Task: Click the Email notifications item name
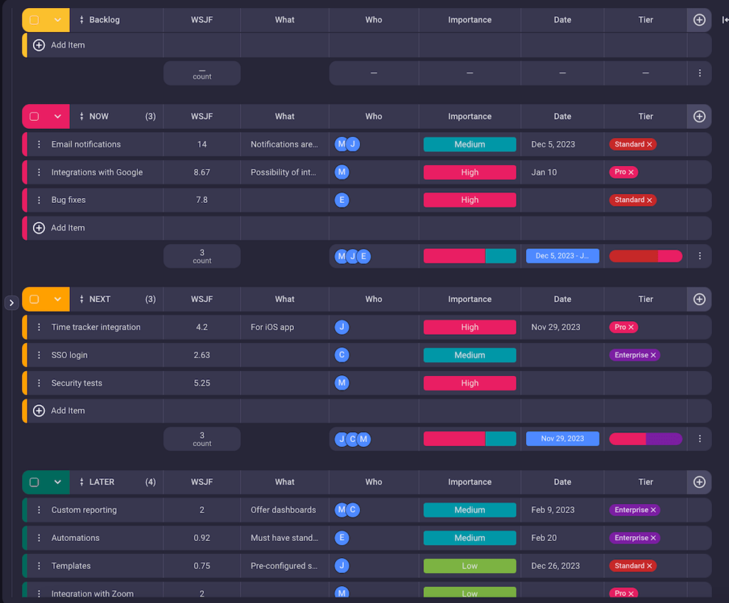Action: coord(86,145)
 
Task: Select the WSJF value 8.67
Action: coord(202,172)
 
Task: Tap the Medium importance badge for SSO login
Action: coord(470,355)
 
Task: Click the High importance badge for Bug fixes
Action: coord(470,200)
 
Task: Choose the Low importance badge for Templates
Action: coord(470,566)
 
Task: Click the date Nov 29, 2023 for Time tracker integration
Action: coord(556,327)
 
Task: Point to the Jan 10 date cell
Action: coord(545,172)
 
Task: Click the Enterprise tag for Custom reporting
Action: coord(631,510)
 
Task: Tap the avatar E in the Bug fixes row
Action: coord(342,200)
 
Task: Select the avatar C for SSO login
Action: coord(342,355)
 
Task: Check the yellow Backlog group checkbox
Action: coord(34,20)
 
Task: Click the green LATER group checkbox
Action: coord(34,482)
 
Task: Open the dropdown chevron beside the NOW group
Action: coord(58,117)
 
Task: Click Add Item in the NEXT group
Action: coord(68,411)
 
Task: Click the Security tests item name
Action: coord(77,383)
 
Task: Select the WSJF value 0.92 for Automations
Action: coord(202,538)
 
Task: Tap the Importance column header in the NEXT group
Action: coord(470,300)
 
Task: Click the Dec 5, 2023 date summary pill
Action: coord(562,256)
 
